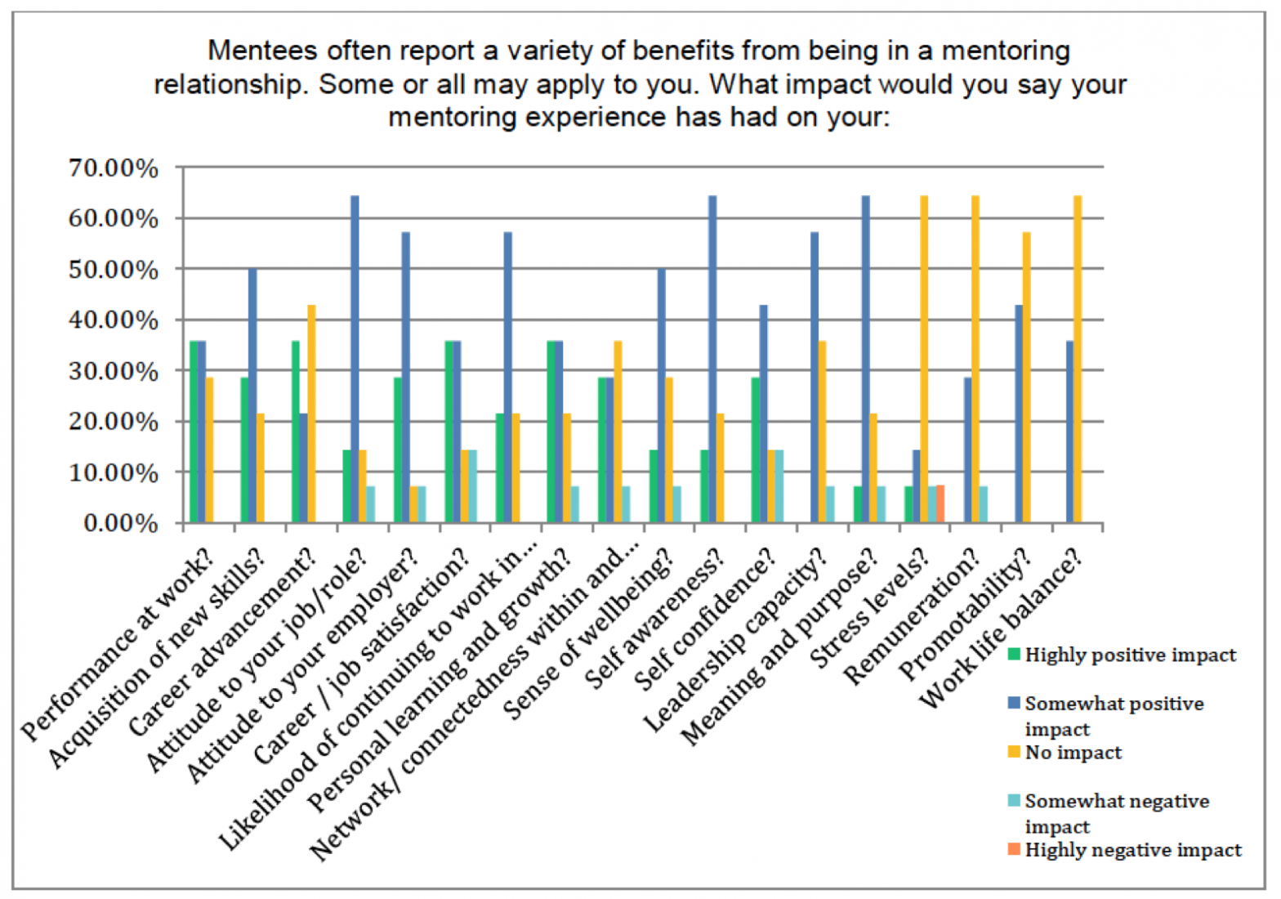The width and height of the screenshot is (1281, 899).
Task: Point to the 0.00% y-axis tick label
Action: click(120, 523)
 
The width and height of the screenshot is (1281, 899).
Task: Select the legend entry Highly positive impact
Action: click(1130, 655)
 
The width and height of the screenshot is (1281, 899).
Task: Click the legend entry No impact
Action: click(1073, 753)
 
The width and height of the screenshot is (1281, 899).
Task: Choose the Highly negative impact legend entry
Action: click(1132, 850)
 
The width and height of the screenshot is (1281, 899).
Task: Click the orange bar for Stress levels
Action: click(940, 504)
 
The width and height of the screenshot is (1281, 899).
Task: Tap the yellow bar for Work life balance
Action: click(1077, 360)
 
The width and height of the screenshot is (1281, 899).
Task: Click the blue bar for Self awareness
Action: click(712, 360)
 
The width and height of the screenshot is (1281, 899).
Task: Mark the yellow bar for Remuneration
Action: click(975, 360)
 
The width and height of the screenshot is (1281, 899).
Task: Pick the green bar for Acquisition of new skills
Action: click(244, 450)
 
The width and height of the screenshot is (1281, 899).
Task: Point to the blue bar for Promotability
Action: click(1018, 414)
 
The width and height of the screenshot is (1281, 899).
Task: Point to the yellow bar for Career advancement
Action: click(311, 414)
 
